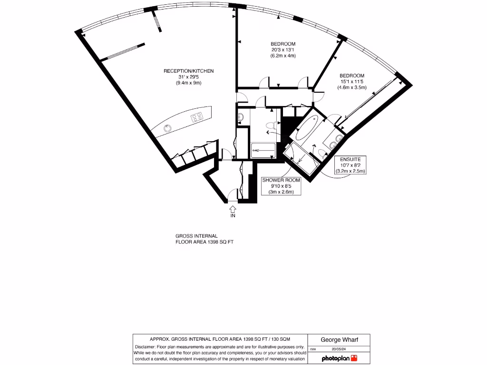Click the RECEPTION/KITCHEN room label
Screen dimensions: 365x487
pos(188,71)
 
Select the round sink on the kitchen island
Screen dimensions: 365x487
pos(168,128)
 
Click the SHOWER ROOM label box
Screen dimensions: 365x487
pos(279,186)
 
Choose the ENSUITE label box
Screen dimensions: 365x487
pos(350,164)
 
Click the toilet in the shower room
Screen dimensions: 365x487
pos(271,125)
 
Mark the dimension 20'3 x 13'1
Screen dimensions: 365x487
pos(283,50)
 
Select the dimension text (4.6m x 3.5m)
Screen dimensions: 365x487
pos(352,87)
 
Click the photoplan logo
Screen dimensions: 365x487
pos(339,358)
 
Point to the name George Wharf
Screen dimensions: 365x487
pos(339,340)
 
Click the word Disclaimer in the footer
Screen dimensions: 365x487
pos(148,346)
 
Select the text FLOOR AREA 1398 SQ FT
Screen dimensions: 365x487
pos(205,242)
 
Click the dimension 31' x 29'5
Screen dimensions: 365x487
pos(188,77)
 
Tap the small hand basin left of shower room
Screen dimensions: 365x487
pos(240,117)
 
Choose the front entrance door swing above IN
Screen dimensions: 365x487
pos(233,195)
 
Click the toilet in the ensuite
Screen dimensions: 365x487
pos(322,153)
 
